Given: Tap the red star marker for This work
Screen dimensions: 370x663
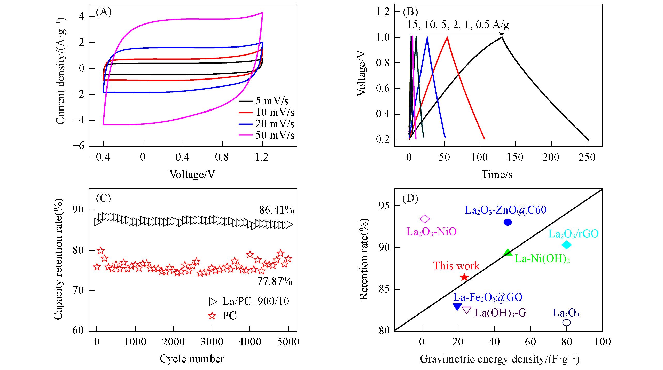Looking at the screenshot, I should [x=464, y=277].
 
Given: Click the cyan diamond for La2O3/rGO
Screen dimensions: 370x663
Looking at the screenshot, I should [x=567, y=245].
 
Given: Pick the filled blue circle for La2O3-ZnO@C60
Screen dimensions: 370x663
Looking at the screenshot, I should [x=508, y=222].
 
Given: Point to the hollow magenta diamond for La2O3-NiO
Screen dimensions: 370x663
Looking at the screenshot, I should [x=425, y=219].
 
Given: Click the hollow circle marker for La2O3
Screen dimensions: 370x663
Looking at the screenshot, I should [x=566, y=322].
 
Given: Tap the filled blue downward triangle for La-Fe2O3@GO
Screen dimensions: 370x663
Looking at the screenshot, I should [x=457, y=307].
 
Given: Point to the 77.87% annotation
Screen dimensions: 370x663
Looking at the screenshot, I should [x=275, y=281].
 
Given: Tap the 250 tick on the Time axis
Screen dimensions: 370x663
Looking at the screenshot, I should [x=587, y=157].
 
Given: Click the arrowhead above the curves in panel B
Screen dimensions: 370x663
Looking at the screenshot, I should [x=502, y=34].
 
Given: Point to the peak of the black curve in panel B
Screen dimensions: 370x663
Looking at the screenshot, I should [x=502, y=37].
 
